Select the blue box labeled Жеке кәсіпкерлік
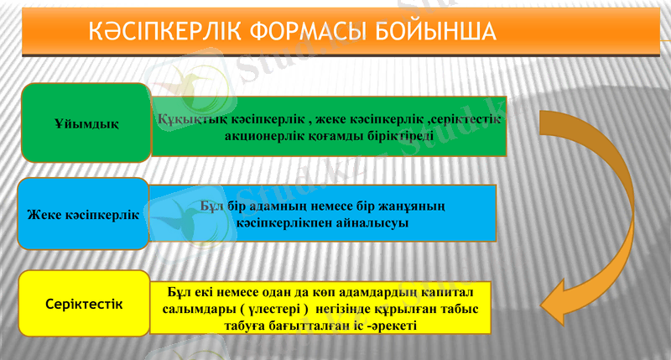(83, 213)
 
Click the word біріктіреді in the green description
(400, 135)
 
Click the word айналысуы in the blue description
(375, 224)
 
